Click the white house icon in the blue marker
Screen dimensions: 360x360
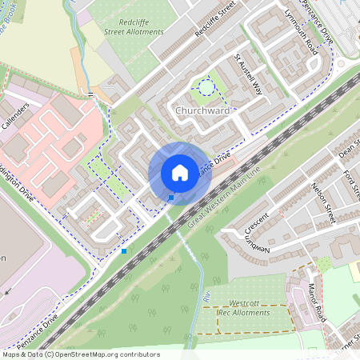pyautogui.click(x=180, y=173)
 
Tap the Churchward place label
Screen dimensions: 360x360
pyautogui.click(x=202, y=110)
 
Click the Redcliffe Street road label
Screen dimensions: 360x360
pyautogui.click(x=217, y=21)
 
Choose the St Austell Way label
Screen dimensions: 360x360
pyautogui.click(x=248, y=74)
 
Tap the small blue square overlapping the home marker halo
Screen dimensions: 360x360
pyautogui.click(x=171, y=197)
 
